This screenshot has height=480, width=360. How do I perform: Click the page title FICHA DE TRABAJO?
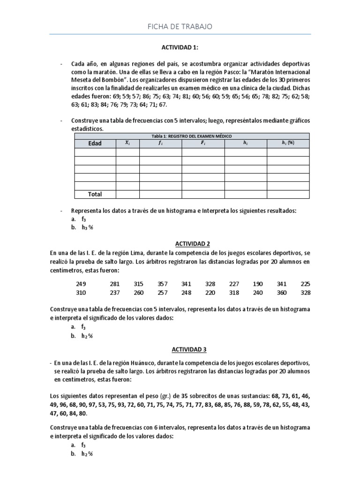180,27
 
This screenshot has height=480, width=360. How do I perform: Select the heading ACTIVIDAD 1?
180,47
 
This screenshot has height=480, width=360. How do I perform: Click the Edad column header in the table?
94,143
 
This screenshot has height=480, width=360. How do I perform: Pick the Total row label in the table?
95,194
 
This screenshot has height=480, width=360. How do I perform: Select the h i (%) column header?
288,143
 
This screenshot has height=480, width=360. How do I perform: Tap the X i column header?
127,143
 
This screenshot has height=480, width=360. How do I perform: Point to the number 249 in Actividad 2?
82,284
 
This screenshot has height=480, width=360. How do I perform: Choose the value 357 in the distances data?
162,284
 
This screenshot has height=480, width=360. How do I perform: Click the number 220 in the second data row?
210,293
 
